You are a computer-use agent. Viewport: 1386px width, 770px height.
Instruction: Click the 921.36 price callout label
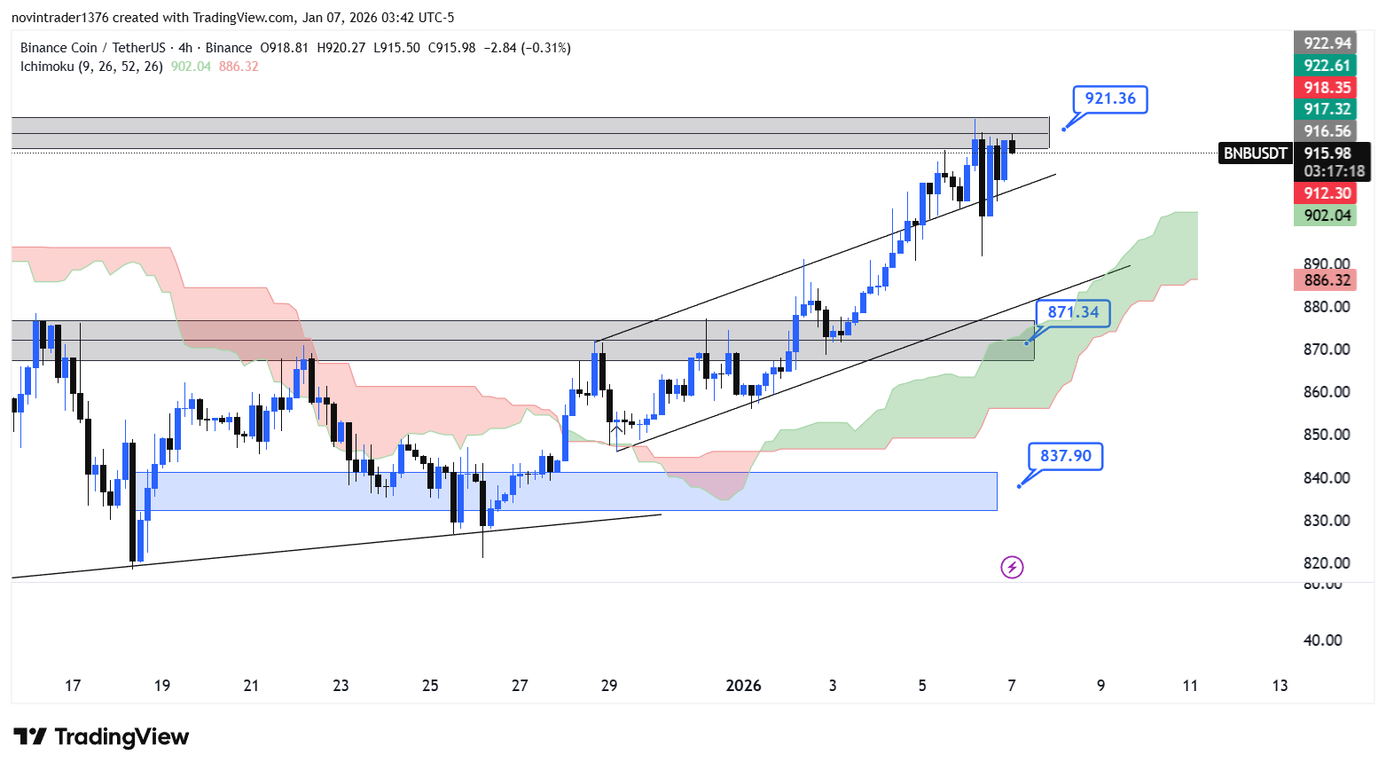[1110, 98]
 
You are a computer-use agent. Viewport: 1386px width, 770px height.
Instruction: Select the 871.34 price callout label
[1073, 312]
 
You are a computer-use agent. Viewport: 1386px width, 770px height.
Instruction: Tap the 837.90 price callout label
[1066, 456]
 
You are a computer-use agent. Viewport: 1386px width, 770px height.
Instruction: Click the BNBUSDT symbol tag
[1255, 153]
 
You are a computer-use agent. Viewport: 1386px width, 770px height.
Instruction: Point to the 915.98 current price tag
[1327, 153]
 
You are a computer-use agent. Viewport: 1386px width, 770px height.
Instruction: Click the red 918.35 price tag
[1327, 87]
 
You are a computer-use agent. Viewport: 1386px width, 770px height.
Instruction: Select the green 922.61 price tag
[1327, 66]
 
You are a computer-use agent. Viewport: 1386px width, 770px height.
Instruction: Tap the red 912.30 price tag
[1327, 193]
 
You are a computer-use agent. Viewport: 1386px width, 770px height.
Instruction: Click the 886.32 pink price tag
[1327, 280]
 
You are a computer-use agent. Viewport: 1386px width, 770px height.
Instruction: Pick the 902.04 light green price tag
[1327, 216]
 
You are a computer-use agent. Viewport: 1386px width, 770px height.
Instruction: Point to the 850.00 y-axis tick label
[1327, 435]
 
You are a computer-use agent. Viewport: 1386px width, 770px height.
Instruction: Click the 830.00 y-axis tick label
[1327, 521]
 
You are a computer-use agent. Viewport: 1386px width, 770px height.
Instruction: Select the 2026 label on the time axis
[743, 686]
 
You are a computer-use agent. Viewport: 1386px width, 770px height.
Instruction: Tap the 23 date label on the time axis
[341, 686]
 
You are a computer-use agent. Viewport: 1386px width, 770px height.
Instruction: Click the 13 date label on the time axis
[1280, 686]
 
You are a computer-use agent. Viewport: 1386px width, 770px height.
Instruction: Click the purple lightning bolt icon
[1012, 567]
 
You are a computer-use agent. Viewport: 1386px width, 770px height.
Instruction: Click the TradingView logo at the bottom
[101, 737]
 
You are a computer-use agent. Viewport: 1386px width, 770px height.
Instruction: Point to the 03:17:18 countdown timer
[1334, 171]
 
